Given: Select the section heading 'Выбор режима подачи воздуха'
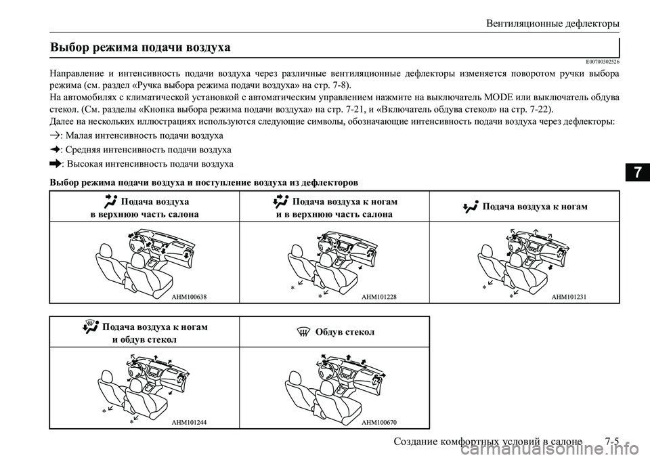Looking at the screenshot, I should [141, 47].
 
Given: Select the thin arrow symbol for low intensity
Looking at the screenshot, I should [56, 135].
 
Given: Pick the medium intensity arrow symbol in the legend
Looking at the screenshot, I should [56, 150].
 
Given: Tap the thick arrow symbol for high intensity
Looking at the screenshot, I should [56, 164].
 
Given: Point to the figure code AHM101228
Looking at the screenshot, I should [379, 297].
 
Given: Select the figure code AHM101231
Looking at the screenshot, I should [569, 297].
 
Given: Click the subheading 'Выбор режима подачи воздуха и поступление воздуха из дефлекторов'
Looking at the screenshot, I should [205, 182].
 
